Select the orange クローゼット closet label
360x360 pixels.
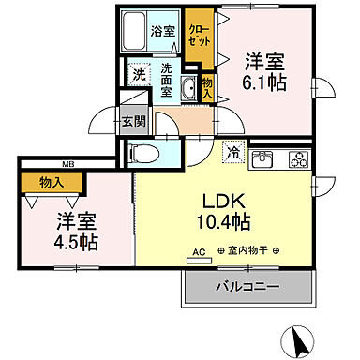197,36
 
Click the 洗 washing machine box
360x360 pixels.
138,74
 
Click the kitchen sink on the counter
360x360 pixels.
261,158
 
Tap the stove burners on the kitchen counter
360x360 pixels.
297,158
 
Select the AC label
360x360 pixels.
198,252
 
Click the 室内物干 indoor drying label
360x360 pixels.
245,252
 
